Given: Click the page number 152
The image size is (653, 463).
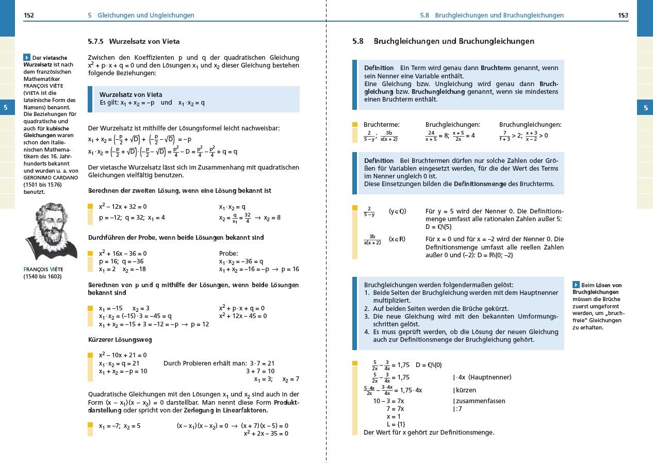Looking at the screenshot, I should point(29,15).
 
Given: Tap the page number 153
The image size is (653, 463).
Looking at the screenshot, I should point(623,15).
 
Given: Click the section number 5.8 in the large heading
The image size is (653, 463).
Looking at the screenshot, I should point(358,41).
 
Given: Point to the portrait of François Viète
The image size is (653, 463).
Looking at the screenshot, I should point(50,230).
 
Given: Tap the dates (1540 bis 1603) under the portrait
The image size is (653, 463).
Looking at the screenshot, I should point(43,276).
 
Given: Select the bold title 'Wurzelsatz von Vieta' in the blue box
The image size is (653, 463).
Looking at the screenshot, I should point(130,95).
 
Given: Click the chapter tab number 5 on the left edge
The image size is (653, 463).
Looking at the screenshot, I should point(6,108).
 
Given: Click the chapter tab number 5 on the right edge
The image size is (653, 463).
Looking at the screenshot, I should point(645,108).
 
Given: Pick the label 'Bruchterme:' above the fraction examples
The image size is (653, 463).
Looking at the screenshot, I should point(382,125).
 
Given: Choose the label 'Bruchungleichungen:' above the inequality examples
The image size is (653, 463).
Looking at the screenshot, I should point(530,125).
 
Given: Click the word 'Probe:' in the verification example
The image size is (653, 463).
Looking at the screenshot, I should point(228,254).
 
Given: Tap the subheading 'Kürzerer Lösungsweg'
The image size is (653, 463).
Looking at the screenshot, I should point(120,340).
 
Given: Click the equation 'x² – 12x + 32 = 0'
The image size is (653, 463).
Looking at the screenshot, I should point(123,207).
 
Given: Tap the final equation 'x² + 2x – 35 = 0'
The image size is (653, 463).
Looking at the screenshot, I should point(266,434).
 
